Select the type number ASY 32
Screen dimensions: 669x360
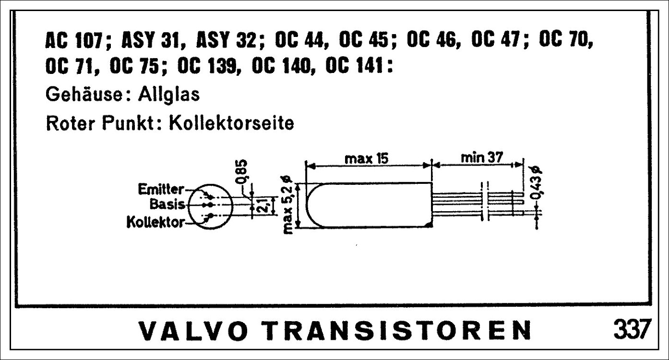click(227, 40)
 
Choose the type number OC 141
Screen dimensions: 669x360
click(354, 66)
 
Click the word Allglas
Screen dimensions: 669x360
click(168, 95)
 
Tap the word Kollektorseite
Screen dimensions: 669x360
click(231, 123)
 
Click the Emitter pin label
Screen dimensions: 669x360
click(161, 190)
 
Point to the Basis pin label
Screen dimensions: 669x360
click(167, 204)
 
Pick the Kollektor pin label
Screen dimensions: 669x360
click(155, 222)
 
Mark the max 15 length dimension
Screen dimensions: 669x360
click(367, 158)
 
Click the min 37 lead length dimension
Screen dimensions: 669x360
click(482, 157)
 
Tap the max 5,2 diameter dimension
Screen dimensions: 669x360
click(288, 205)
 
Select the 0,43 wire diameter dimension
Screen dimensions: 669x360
click(537, 183)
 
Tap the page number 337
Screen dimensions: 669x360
click(632, 329)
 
